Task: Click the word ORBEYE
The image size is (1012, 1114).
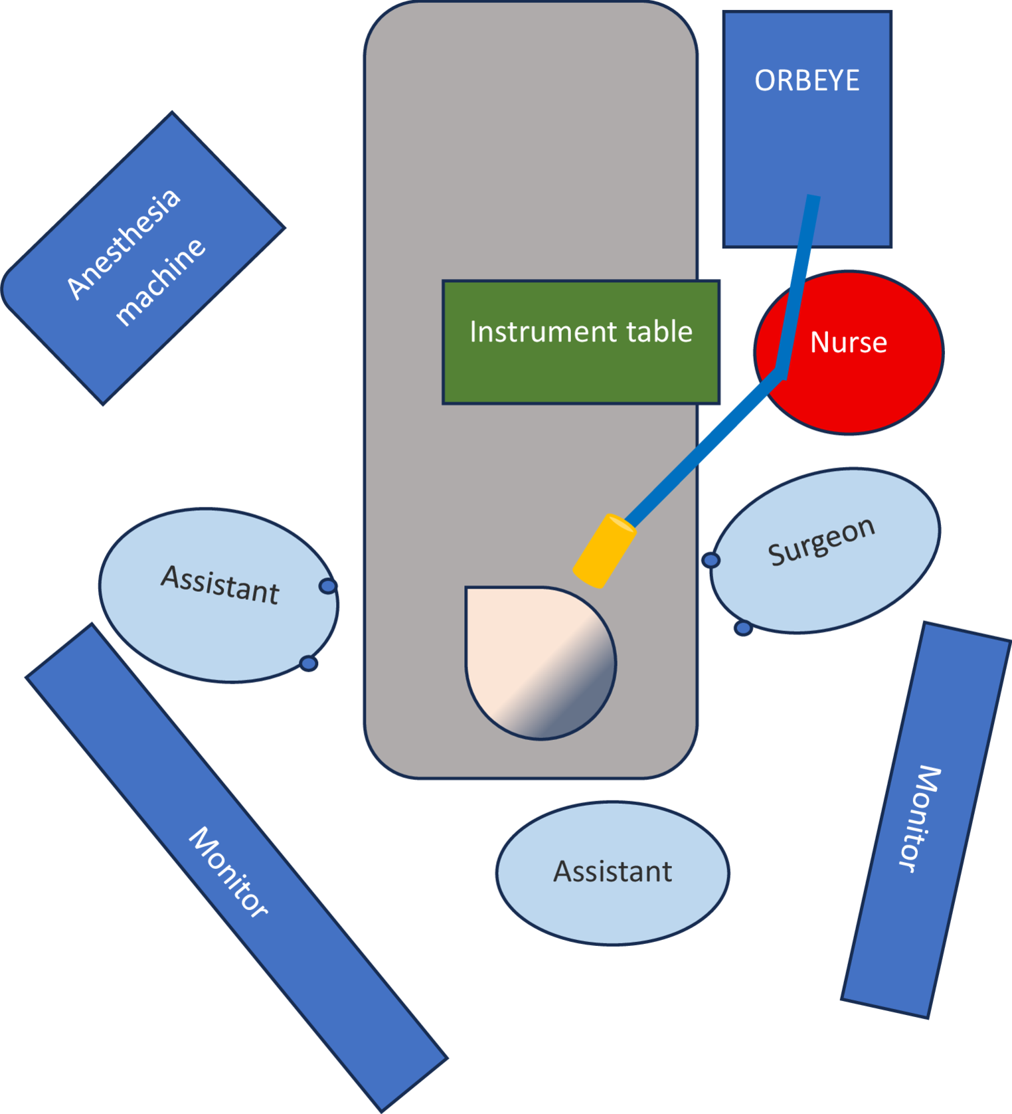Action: tap(807, 80)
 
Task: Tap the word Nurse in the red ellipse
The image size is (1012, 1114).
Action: tap(849, 343)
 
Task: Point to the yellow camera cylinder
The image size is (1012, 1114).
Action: tap(605, 551)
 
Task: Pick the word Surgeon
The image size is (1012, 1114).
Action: tap(821, 541)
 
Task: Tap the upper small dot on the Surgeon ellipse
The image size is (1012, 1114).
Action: tap(711, 560)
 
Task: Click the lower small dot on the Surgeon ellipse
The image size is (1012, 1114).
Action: tap(743, 628)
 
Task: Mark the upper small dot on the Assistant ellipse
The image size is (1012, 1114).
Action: tap(328, 586)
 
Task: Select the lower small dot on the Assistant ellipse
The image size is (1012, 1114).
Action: tap(308, 663)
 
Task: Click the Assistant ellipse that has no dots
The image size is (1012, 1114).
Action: tap(612, 872)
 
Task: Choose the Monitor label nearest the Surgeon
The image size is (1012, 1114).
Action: tap(920, 818)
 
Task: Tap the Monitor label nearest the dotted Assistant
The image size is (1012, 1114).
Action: tap(229, 872)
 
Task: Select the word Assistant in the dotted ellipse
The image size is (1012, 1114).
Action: tap(220, 585)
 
